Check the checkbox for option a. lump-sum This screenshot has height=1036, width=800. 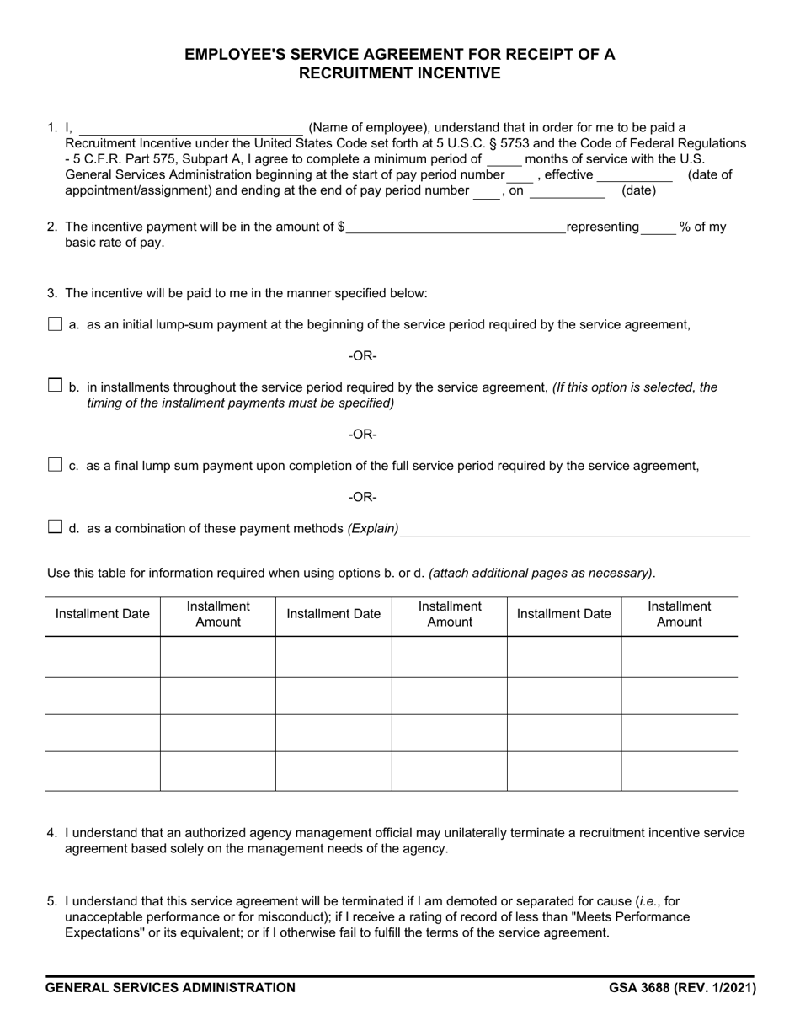click(56, 324)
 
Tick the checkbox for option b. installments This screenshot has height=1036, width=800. click(56, 386)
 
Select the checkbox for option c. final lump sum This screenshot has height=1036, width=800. click(56, 465)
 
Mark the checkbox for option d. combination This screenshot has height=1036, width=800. click(56, 527)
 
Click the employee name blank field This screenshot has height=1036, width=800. click(190, 128)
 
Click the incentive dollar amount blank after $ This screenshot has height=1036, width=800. click(455, 227)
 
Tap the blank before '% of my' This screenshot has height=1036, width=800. click(659, 227)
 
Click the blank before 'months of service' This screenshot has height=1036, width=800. click(504, 159)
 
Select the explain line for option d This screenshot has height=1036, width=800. click(575, 529)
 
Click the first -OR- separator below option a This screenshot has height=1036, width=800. click(363, 356)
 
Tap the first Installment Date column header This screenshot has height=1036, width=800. click(102, 614)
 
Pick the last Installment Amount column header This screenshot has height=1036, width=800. click(679, 614)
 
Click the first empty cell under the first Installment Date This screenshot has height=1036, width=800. click(102, 657)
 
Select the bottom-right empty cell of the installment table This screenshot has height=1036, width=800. click(679, 771)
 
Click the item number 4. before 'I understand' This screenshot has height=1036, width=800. click(52, 833)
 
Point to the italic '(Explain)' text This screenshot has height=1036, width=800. click(373, 529)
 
